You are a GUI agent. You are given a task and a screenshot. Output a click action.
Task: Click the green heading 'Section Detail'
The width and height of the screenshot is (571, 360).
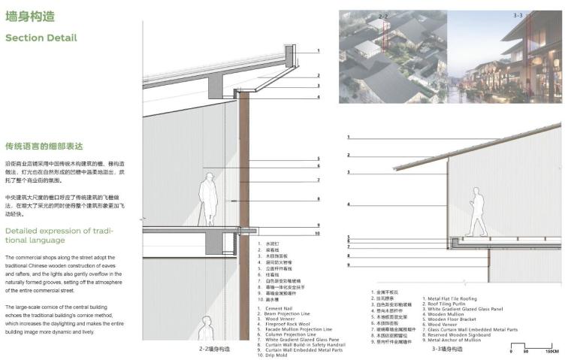(x=41, y=38)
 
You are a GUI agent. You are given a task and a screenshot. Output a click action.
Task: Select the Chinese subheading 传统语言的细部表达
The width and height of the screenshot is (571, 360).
(x=43, y=146)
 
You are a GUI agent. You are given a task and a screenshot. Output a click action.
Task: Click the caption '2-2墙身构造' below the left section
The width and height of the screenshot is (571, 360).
(x=214, y=349)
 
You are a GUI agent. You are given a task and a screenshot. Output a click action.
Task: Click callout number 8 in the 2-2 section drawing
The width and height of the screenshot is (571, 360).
(x=319, y=199)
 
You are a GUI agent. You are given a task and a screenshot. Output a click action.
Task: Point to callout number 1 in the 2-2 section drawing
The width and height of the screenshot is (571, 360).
(x=319, y=51)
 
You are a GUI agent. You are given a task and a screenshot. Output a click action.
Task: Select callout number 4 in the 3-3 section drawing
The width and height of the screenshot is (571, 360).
(x=349, y=204)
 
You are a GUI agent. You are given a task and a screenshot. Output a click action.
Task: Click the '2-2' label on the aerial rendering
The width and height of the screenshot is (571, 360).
(x=382, y=15)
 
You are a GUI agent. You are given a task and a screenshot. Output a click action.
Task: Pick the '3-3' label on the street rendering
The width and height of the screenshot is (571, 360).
(x=518, y=15)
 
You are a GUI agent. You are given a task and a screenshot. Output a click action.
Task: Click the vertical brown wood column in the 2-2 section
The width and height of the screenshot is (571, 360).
(x=244, y=158)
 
